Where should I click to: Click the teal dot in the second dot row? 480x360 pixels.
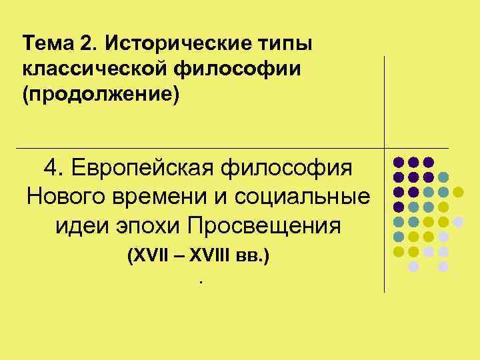click(x=443, y=177)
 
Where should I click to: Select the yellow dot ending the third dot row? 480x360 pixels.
click(x=458, y=192)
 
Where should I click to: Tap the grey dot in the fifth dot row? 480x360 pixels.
click(x=458, y=221)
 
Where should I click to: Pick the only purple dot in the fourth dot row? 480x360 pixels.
click(x=399, y=207)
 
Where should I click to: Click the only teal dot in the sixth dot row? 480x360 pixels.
click(x=399, y=236)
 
